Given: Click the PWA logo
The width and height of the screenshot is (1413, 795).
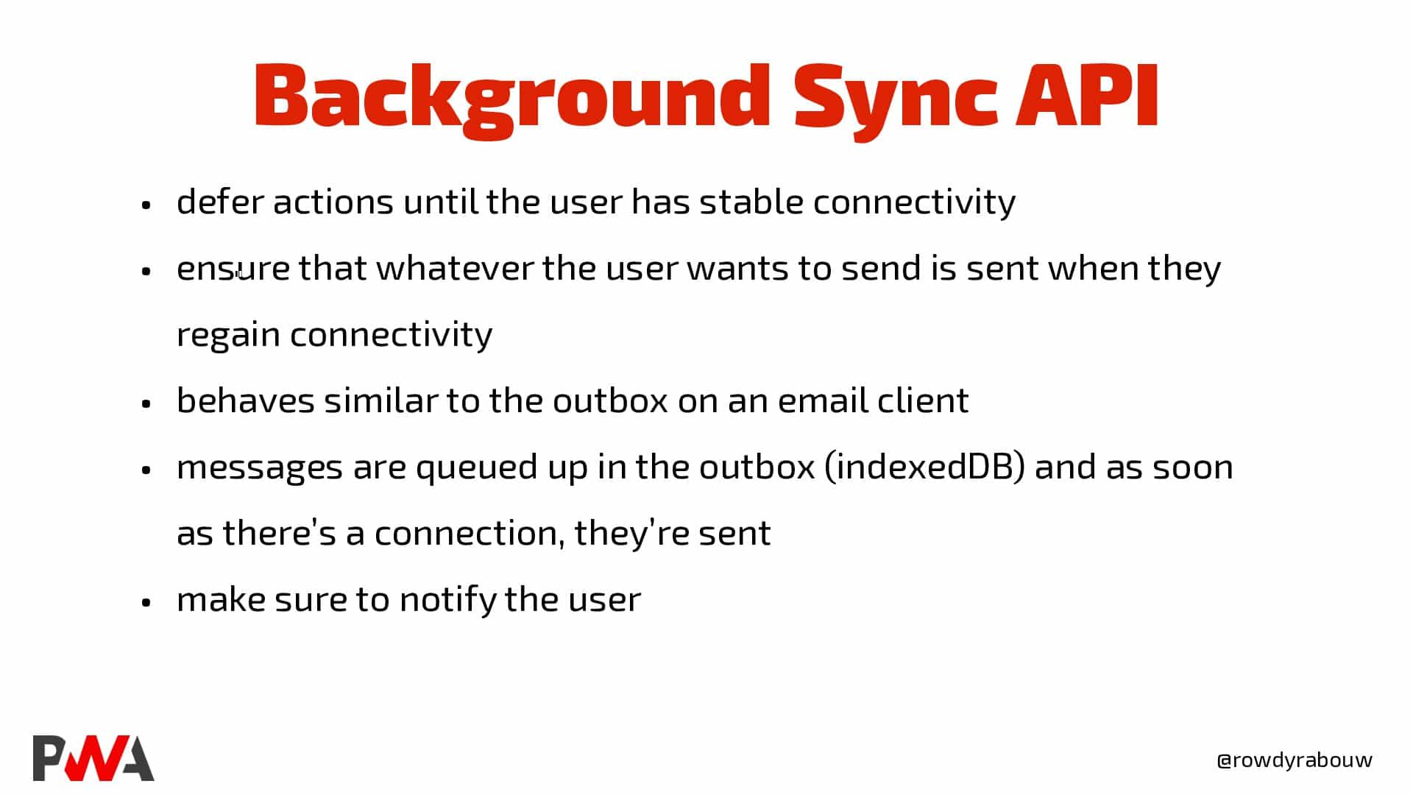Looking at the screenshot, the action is (93, 757).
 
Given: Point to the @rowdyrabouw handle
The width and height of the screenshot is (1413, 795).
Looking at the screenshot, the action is (1295, 760).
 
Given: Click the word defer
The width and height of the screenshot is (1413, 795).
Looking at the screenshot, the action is (220, 201).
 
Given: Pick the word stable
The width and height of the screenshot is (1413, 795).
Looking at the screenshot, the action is (751, 201).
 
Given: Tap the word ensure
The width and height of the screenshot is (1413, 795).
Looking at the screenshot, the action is (233, 269).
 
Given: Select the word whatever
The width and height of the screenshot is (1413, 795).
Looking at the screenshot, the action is (455, 267).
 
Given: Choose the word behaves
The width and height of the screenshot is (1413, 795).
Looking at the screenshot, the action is (246, 400).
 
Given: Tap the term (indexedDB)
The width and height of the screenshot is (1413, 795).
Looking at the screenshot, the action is (925, 467).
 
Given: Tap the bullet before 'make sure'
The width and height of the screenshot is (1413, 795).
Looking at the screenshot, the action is (146, 602).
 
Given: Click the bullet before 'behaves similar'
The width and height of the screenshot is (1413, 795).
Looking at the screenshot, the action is (146, 403).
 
